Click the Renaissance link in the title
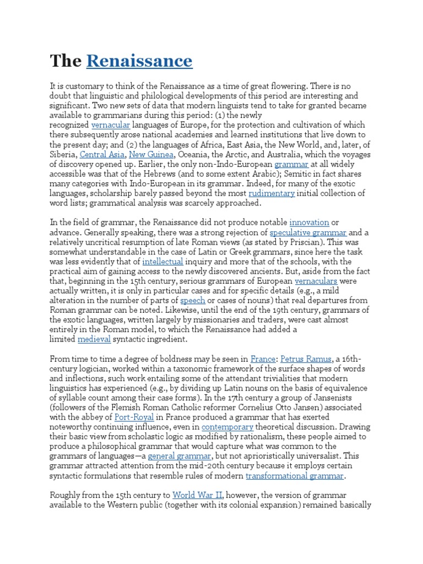[139, 61]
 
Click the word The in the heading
[66, 61]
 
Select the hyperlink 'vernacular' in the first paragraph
[110, 125]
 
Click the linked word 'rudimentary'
[272, 193]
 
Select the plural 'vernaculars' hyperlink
[316, 281]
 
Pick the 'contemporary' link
[227, 427]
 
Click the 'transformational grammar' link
[295, 476]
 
